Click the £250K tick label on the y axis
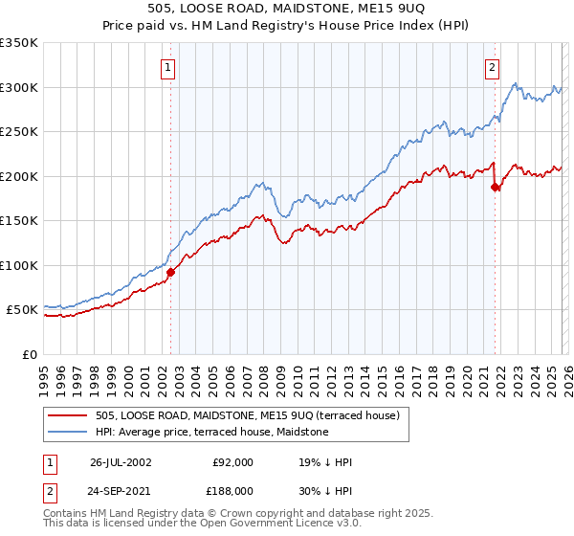point(19,131)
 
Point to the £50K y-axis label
point(22,310)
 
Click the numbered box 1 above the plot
point(168,67)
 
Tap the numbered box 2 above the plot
point(492,67)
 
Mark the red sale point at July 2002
point(171,273)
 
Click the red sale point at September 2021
point(495,188)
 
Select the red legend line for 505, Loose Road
point(69,414)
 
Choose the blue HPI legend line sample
point(69,432)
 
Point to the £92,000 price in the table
point(232,462)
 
